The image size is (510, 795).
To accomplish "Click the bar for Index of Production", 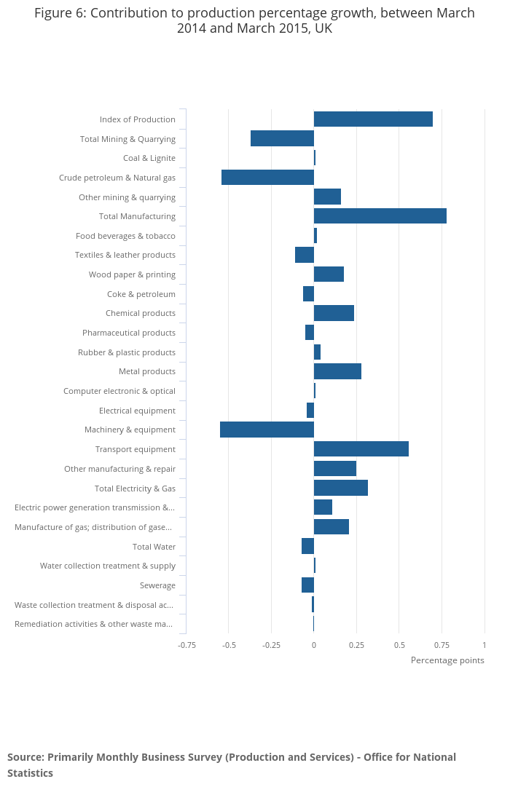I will point(373,119).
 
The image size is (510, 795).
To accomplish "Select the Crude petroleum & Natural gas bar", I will point(267,178).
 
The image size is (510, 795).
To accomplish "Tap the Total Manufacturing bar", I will point(380,216).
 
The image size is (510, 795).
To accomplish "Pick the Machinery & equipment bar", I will point(267,430).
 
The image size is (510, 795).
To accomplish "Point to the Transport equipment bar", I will point(361,449).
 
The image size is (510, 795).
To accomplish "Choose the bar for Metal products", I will point(337,371).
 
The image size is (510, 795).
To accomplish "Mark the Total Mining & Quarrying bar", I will point(282,138).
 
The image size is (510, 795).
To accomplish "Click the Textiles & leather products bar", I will point(305,255).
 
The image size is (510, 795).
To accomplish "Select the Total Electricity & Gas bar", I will point(340,488).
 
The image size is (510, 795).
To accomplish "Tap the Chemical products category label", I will point(141,313).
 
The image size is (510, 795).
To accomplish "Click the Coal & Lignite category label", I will point(149,158).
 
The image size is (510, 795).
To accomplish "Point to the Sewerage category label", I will point(157,585).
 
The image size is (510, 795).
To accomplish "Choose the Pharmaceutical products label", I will point(129,333).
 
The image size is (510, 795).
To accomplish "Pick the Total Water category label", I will point(154,547).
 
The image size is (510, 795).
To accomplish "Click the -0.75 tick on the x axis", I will point(187,645).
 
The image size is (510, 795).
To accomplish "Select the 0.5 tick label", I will point(399,645).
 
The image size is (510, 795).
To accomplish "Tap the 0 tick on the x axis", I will point(314,645).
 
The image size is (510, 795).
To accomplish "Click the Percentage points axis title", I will point(447,660).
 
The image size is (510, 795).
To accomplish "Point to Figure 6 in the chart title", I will point(60,13).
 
